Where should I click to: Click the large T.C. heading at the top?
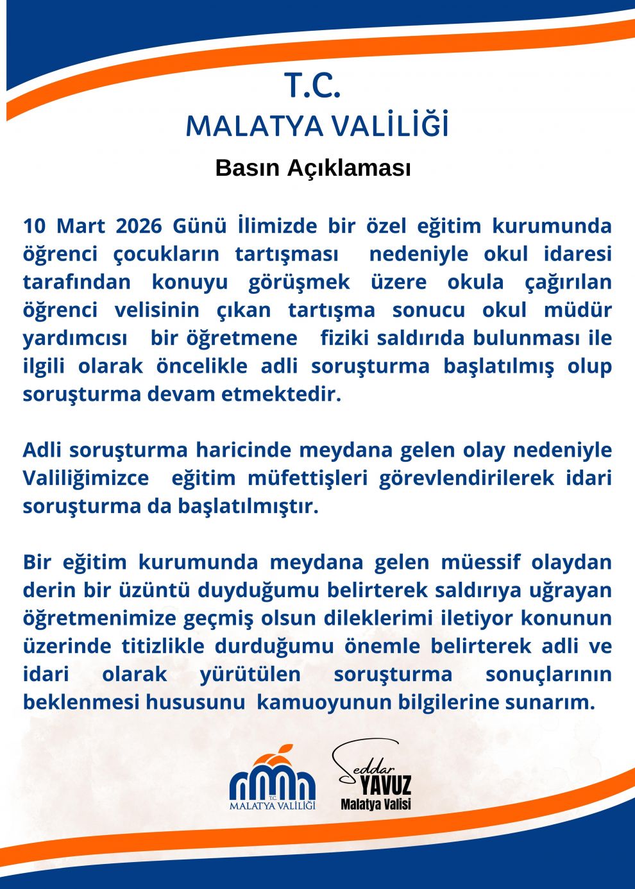tap(312, 86)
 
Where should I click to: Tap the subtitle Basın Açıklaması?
tap(313, 168)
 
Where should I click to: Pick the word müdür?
tap(577, 310)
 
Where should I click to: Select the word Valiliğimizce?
tap(85, 478)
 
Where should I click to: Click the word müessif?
tap(480, 563)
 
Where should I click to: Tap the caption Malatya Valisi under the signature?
tap(376, 804)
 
